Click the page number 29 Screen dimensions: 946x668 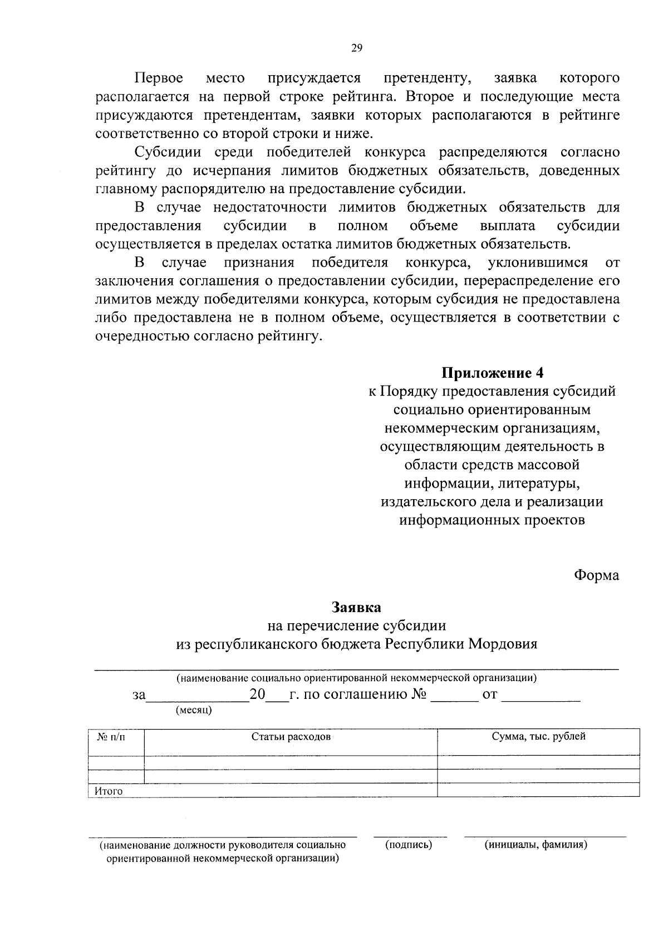click(x=357, y=48)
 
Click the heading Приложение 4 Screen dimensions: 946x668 click(x=492, y=372)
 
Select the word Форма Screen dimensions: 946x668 click(x=596, y=575)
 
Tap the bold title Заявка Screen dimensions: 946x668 click(x=357, y=607)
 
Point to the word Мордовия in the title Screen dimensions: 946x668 click(x=502, y=644)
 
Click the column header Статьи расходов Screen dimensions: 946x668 click(x=291, y=737)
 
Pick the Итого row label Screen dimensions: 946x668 click(x=109, y=791)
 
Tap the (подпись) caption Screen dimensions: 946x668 click(x=409, y=845)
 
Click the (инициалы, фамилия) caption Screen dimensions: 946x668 click(x=536, y=845)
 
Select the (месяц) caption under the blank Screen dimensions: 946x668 click(x=194, y=710)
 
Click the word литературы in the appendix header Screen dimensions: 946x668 click(x=538, y=482)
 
